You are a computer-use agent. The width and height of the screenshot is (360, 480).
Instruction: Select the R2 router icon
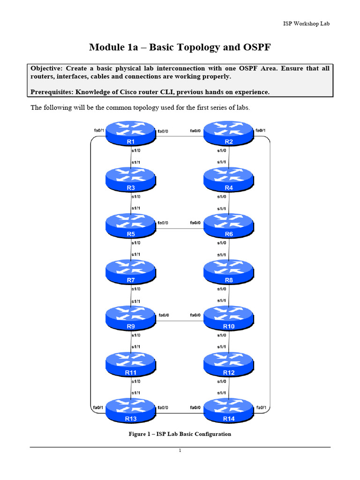click(x=229, y=134)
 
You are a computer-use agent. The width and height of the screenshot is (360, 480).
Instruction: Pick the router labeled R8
click(x=229, y=272)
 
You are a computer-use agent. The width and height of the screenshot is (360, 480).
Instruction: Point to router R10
click(x=229, y=318)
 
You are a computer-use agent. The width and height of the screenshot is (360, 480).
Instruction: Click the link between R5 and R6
click(x=180, y=229)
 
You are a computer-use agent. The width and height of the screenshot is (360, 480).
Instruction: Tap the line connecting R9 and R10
click(x=180, y=321)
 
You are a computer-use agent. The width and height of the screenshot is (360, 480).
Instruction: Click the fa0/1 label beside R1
click(x=98, y=130)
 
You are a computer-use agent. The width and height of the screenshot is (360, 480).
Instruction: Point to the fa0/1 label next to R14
click(x=262, y=408)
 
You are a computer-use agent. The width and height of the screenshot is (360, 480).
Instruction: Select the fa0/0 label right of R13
click(x=164, y=408)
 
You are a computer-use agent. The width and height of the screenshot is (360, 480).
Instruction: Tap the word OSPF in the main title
click(x=255, y=47)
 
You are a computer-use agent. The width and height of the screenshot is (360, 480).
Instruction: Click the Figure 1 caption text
click(x=180, y=434)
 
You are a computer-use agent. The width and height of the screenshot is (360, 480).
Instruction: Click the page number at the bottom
click(x=180, y=451)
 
